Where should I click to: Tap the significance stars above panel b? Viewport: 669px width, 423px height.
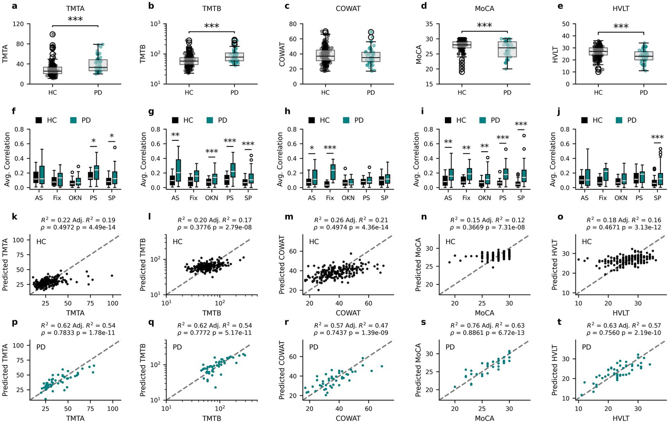click(211, 27)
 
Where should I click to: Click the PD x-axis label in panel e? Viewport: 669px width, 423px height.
click(643, 92)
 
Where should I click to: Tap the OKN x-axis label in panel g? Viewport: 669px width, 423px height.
click(211, 198)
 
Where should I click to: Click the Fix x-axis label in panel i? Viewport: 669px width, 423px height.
click(466, 198)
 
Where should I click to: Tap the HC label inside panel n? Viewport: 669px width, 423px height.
click(450, 242)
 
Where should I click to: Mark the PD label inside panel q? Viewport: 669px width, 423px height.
click(177, 347)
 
